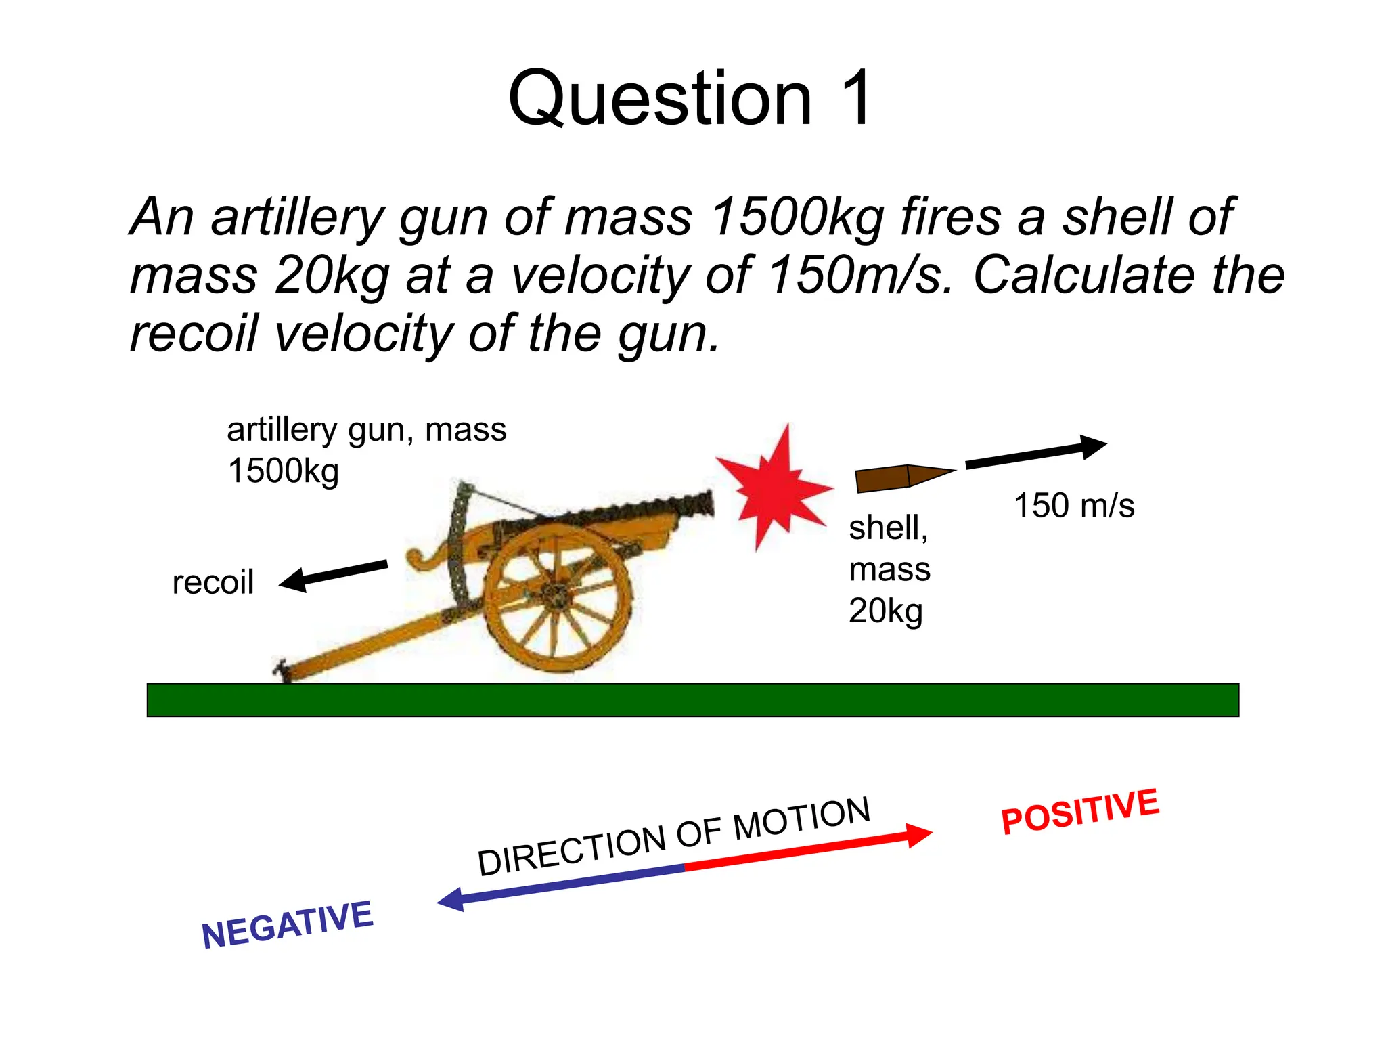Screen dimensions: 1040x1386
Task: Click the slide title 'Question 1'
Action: click(690, 98)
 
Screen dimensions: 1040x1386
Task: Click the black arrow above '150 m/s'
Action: click(1035, 453)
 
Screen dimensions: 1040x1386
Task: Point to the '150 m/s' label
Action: click(1074, 506)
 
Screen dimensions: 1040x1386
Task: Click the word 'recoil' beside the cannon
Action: click(213, 583)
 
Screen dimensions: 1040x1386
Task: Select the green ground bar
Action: click(692, 699)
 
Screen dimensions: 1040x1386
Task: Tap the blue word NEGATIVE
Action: click(287, 925)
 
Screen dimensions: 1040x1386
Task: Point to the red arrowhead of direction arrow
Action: click(919, 835)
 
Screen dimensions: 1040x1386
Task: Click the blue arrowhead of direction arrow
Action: click(451, 900)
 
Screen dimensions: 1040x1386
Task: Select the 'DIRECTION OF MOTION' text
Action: click(673, 837)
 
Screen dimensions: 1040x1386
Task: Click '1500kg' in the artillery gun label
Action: click(283, 471)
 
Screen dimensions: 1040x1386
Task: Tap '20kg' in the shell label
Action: click(885, 611)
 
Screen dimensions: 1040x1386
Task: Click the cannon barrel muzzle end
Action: click(707, 504)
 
